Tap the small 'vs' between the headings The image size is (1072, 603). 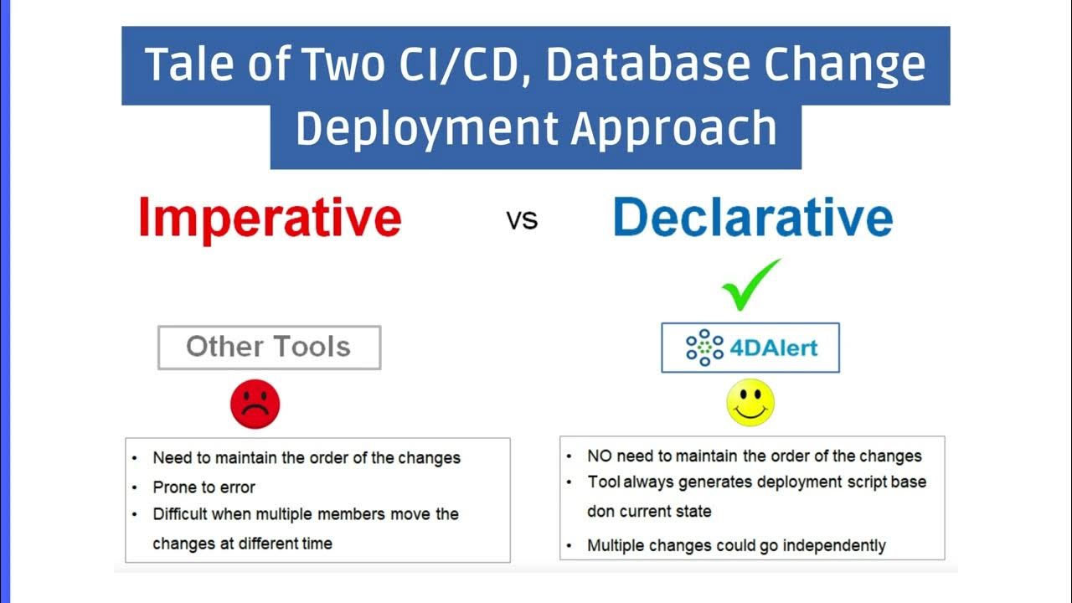522,221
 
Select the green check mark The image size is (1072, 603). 750,285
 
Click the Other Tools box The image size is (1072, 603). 269,347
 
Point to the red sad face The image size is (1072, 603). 255,405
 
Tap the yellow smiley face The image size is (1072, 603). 750,403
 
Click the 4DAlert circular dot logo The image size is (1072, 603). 703,348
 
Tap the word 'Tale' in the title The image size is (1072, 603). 185,64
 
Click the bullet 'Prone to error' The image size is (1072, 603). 204,487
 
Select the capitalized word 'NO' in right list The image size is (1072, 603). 600,456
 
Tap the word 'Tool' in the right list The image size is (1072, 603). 603,482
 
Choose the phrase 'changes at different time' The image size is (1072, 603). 242,544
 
